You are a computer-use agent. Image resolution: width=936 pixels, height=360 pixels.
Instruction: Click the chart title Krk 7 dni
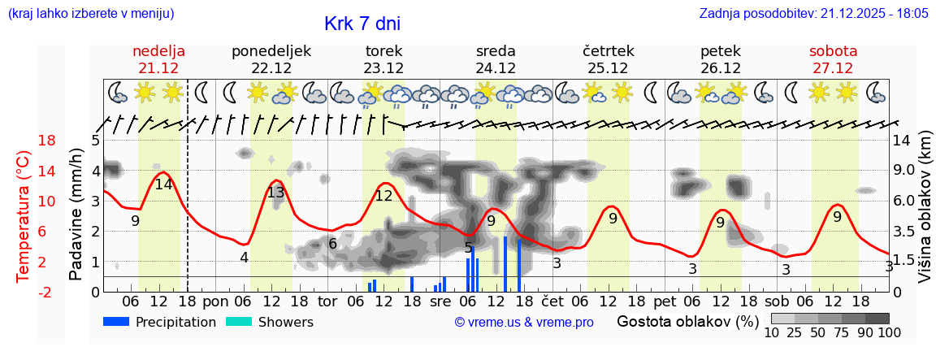pos(362,24)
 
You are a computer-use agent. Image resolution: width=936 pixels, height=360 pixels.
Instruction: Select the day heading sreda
pos(496,51)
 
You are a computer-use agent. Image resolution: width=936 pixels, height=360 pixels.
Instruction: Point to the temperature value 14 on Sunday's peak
pos(163,184)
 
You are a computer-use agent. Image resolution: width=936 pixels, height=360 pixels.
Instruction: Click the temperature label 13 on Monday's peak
pos(275,193)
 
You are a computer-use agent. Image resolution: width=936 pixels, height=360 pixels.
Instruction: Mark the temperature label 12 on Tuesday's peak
pos(383,195)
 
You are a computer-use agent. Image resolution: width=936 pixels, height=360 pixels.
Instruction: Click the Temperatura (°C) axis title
pos(24,215)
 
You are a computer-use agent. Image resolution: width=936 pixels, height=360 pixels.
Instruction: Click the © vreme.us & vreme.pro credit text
pos(523,322)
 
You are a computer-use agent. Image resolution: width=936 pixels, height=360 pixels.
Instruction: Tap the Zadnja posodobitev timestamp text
pos(813,14)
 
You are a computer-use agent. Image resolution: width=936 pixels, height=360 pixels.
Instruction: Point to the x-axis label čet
pos(552,301)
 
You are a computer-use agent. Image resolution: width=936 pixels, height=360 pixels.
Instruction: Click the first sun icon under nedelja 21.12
pos(145,93)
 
